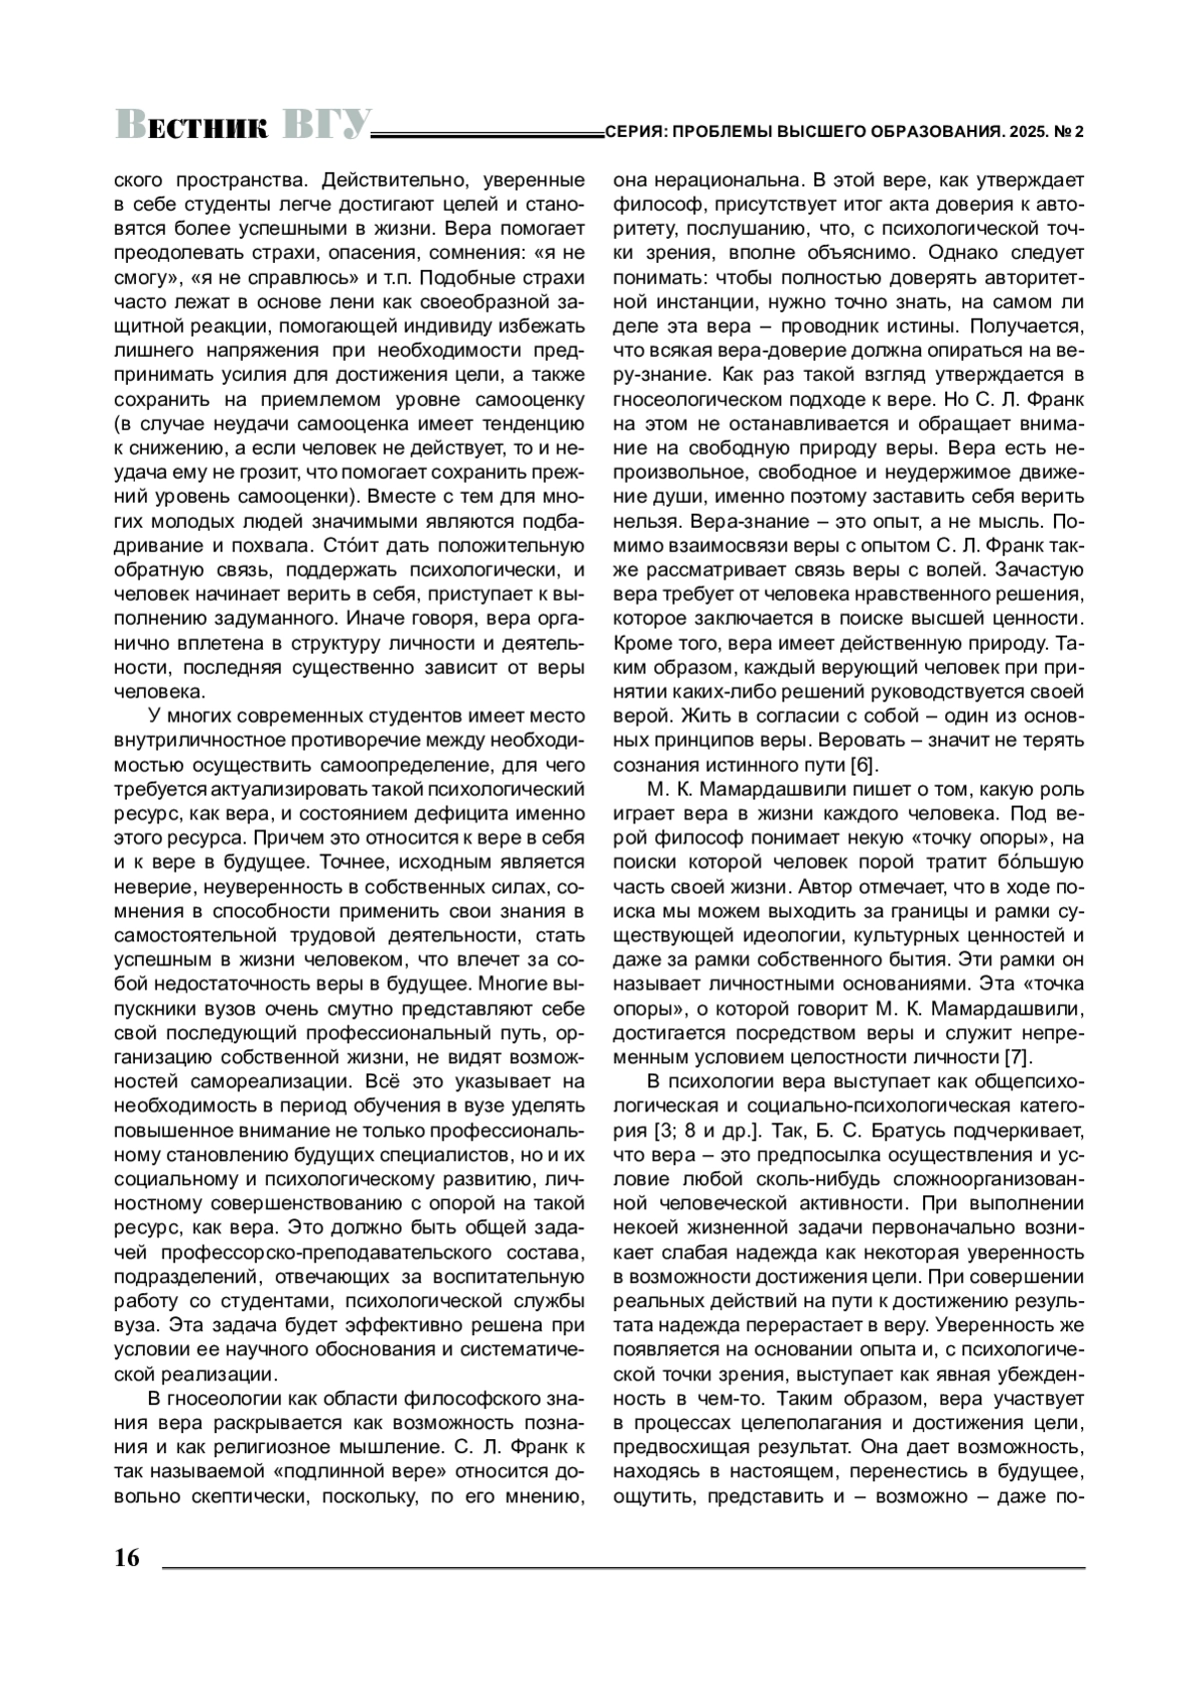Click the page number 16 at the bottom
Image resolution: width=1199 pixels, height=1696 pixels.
tap(128, 1558)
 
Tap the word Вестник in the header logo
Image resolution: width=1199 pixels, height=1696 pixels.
tap(192, 127)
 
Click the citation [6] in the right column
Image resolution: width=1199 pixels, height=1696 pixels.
tap(863, 767)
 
